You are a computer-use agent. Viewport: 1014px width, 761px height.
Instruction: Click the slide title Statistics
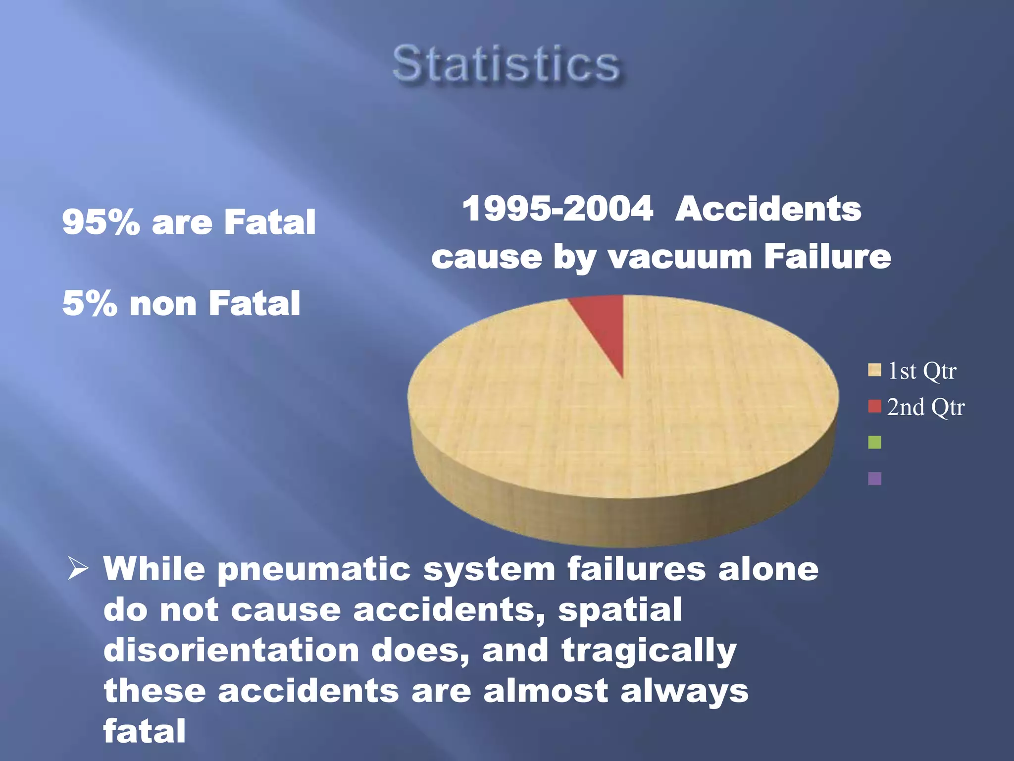(506, 64)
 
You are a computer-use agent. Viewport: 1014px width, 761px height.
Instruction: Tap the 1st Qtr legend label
(922, 371)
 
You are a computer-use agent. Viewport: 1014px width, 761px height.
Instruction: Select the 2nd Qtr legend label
(925, 407)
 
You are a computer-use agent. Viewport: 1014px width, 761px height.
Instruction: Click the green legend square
(874, 442)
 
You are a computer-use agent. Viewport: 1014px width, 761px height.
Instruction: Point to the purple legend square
(874, 479)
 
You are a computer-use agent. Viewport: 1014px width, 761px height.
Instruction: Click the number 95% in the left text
(101, 222)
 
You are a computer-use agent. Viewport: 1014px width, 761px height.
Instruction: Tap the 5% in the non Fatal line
(90, 304)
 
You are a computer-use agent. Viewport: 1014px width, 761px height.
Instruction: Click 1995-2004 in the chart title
(558, 209)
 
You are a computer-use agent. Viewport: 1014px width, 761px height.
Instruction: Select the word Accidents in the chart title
(768, 209)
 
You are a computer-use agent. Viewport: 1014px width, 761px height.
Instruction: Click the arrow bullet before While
(78, 568)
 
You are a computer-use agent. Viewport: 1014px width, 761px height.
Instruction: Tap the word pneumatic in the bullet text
(314, 569)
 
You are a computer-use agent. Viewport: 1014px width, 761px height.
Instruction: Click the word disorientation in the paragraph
(231, 650)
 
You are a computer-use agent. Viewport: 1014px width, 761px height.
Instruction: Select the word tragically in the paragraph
(649, 651)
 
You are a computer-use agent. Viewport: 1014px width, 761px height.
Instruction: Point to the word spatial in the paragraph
(620, 610)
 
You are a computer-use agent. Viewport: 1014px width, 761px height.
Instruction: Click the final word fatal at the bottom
(144, 731)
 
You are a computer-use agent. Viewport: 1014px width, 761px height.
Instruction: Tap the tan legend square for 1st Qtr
(874, 370)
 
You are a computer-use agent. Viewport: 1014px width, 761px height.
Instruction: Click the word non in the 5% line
(163, 304)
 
